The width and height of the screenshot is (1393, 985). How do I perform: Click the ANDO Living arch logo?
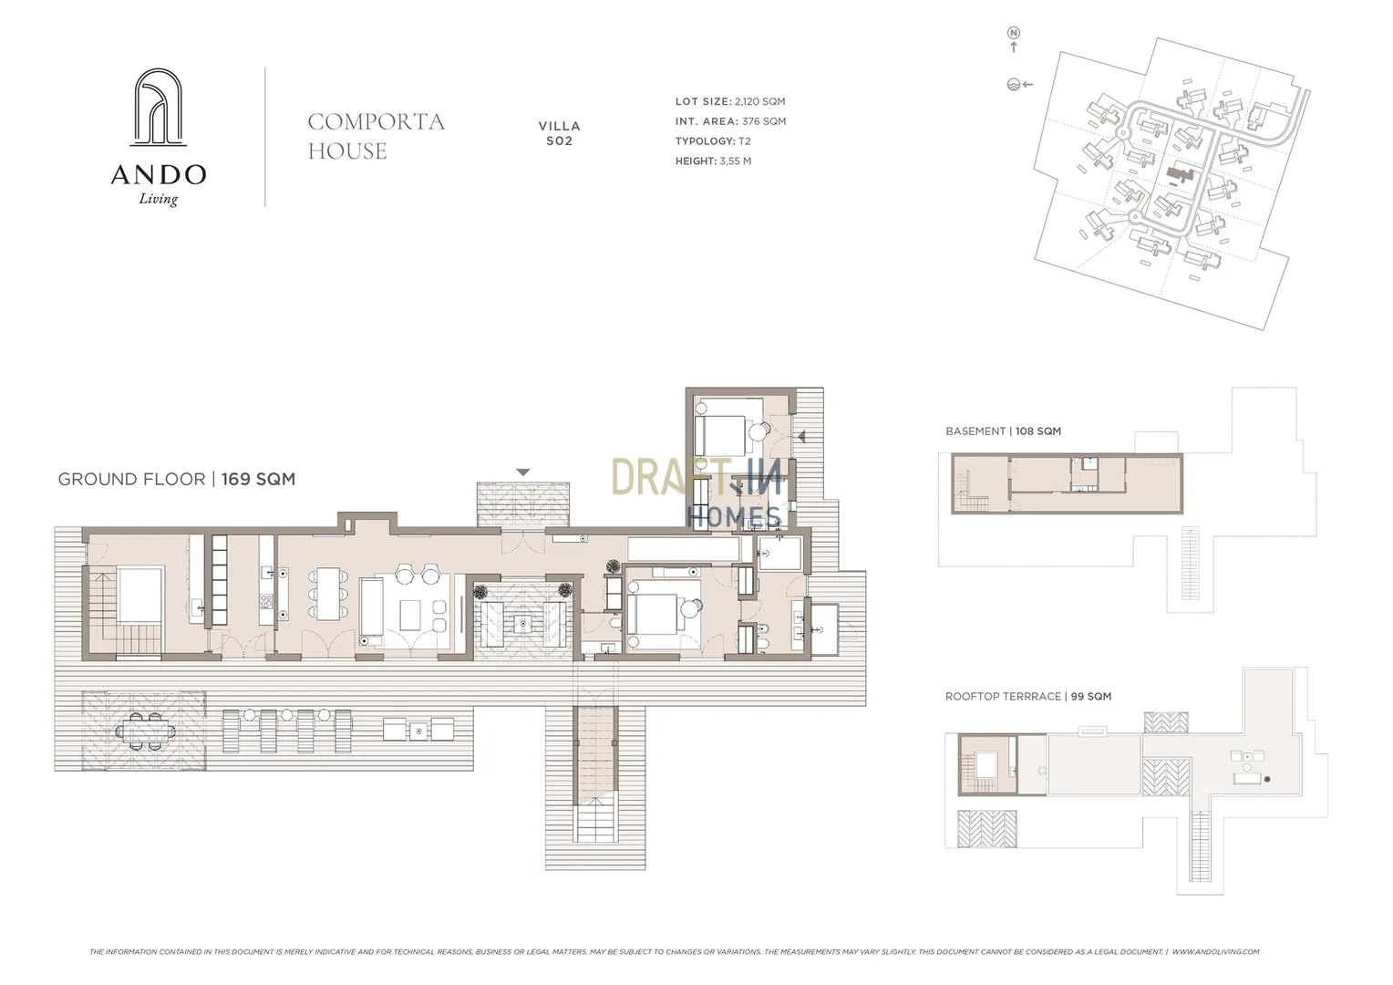(159, 107)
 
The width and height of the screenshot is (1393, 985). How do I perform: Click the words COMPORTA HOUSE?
(377, 136)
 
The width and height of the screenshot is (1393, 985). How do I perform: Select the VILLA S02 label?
(559, 133)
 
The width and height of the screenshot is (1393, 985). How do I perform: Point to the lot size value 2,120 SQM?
(760, 101)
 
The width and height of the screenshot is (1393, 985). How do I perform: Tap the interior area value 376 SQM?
(764, 121)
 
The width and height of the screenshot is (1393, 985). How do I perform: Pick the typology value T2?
(745, 141)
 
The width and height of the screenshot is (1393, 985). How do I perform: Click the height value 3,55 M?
(735, 161)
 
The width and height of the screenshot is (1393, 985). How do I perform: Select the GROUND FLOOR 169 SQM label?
(177, 479)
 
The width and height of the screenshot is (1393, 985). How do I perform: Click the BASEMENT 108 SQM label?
(1003, 431)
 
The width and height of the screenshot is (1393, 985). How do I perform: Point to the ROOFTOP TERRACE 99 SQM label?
(1028, 696)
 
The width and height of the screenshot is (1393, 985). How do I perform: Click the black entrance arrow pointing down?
(523, 472)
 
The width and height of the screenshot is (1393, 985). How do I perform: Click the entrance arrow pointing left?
(801, 437)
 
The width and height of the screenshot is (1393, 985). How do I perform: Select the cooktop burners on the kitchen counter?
(266, 601)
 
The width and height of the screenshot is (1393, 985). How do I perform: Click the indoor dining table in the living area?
(327, 594)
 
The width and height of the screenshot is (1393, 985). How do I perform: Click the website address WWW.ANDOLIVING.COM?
(1215, 951)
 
